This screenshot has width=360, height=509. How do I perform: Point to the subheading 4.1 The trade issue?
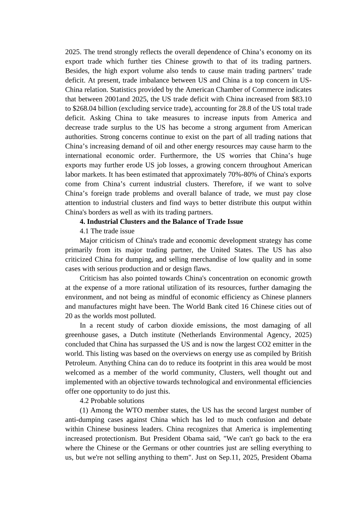(107, 231)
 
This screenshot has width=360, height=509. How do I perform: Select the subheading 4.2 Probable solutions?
(112, 401)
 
